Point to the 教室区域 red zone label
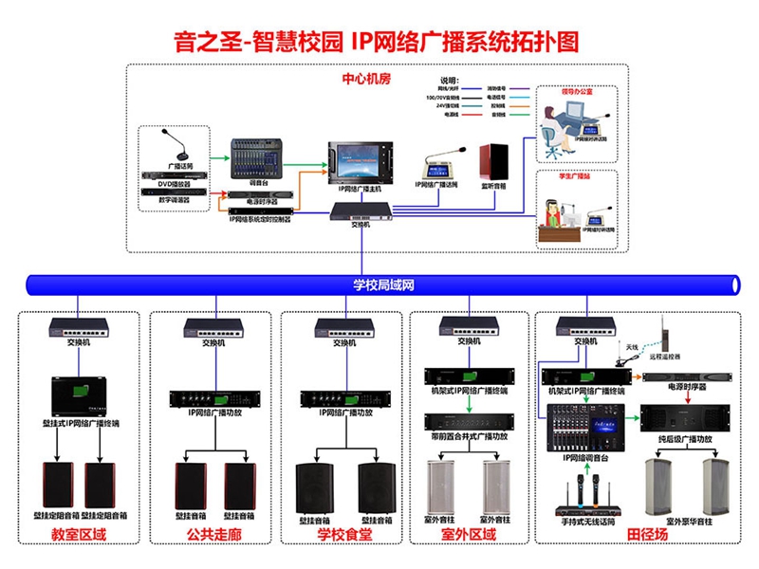[80, 536]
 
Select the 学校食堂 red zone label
[344, 536]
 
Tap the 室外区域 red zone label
[469, 536]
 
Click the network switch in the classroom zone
[79, 327]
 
